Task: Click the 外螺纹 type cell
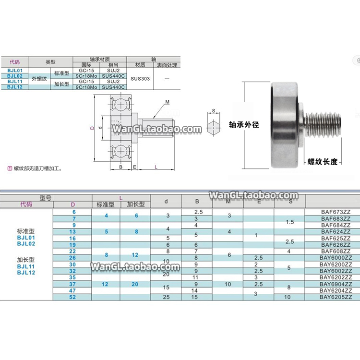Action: tap(40, 79)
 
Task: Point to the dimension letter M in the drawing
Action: tap(168, 102)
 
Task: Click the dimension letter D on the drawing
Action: tap(91, 128)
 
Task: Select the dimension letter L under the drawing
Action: tap(156, 167)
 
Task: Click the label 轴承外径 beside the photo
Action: tap(244, 124)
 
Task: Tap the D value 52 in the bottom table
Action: tap(73, 297)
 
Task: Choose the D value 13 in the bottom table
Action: tap(73, 231)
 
